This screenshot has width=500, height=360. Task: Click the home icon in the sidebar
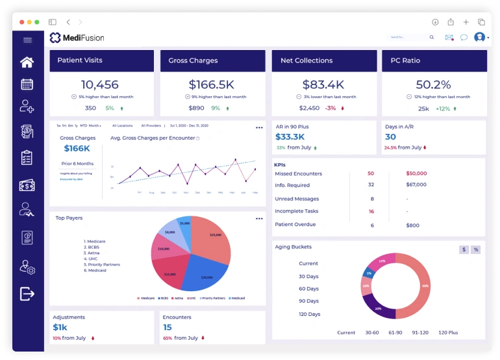pyautogui.click(x=27, y=62)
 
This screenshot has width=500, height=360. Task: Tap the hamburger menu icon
pyautogui.click(x=27, y=40)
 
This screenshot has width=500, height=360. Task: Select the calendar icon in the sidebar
pyautogui.click(x=27, y=84)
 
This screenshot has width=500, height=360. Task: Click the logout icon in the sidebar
pyautogui.click(x=27, y=294)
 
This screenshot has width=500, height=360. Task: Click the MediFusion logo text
pyautogui.click(x=84, y=38)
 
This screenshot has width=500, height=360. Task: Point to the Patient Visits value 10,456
pyautogui.click(x=100, y=84)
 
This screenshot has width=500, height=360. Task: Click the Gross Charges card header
pyautogui.click(x=212, y=60)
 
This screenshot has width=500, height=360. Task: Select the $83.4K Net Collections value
pyautogui.click(x=323, y=84)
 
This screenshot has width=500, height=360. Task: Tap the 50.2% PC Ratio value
pyautogui.click(x=433, y=84)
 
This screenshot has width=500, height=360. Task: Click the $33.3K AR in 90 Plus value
pyautogui.click(x=290, y=137)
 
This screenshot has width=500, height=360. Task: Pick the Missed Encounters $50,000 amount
pyautogui.click(x=416, y=174)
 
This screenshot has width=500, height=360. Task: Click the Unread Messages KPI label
pyautogui.click(x=297, y=199)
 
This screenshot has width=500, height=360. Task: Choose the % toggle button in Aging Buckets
pyautogui.click(x=475, y=250)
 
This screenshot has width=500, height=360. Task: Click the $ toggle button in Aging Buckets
pyautogui.click(x=464, y=250)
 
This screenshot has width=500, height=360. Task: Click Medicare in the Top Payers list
pyautogui.click(x=96, y=241)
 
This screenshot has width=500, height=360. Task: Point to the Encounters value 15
pyautogui.click(x=168, y=328)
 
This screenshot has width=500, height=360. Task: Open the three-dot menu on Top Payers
pyautogui.click(x=259, y=218)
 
